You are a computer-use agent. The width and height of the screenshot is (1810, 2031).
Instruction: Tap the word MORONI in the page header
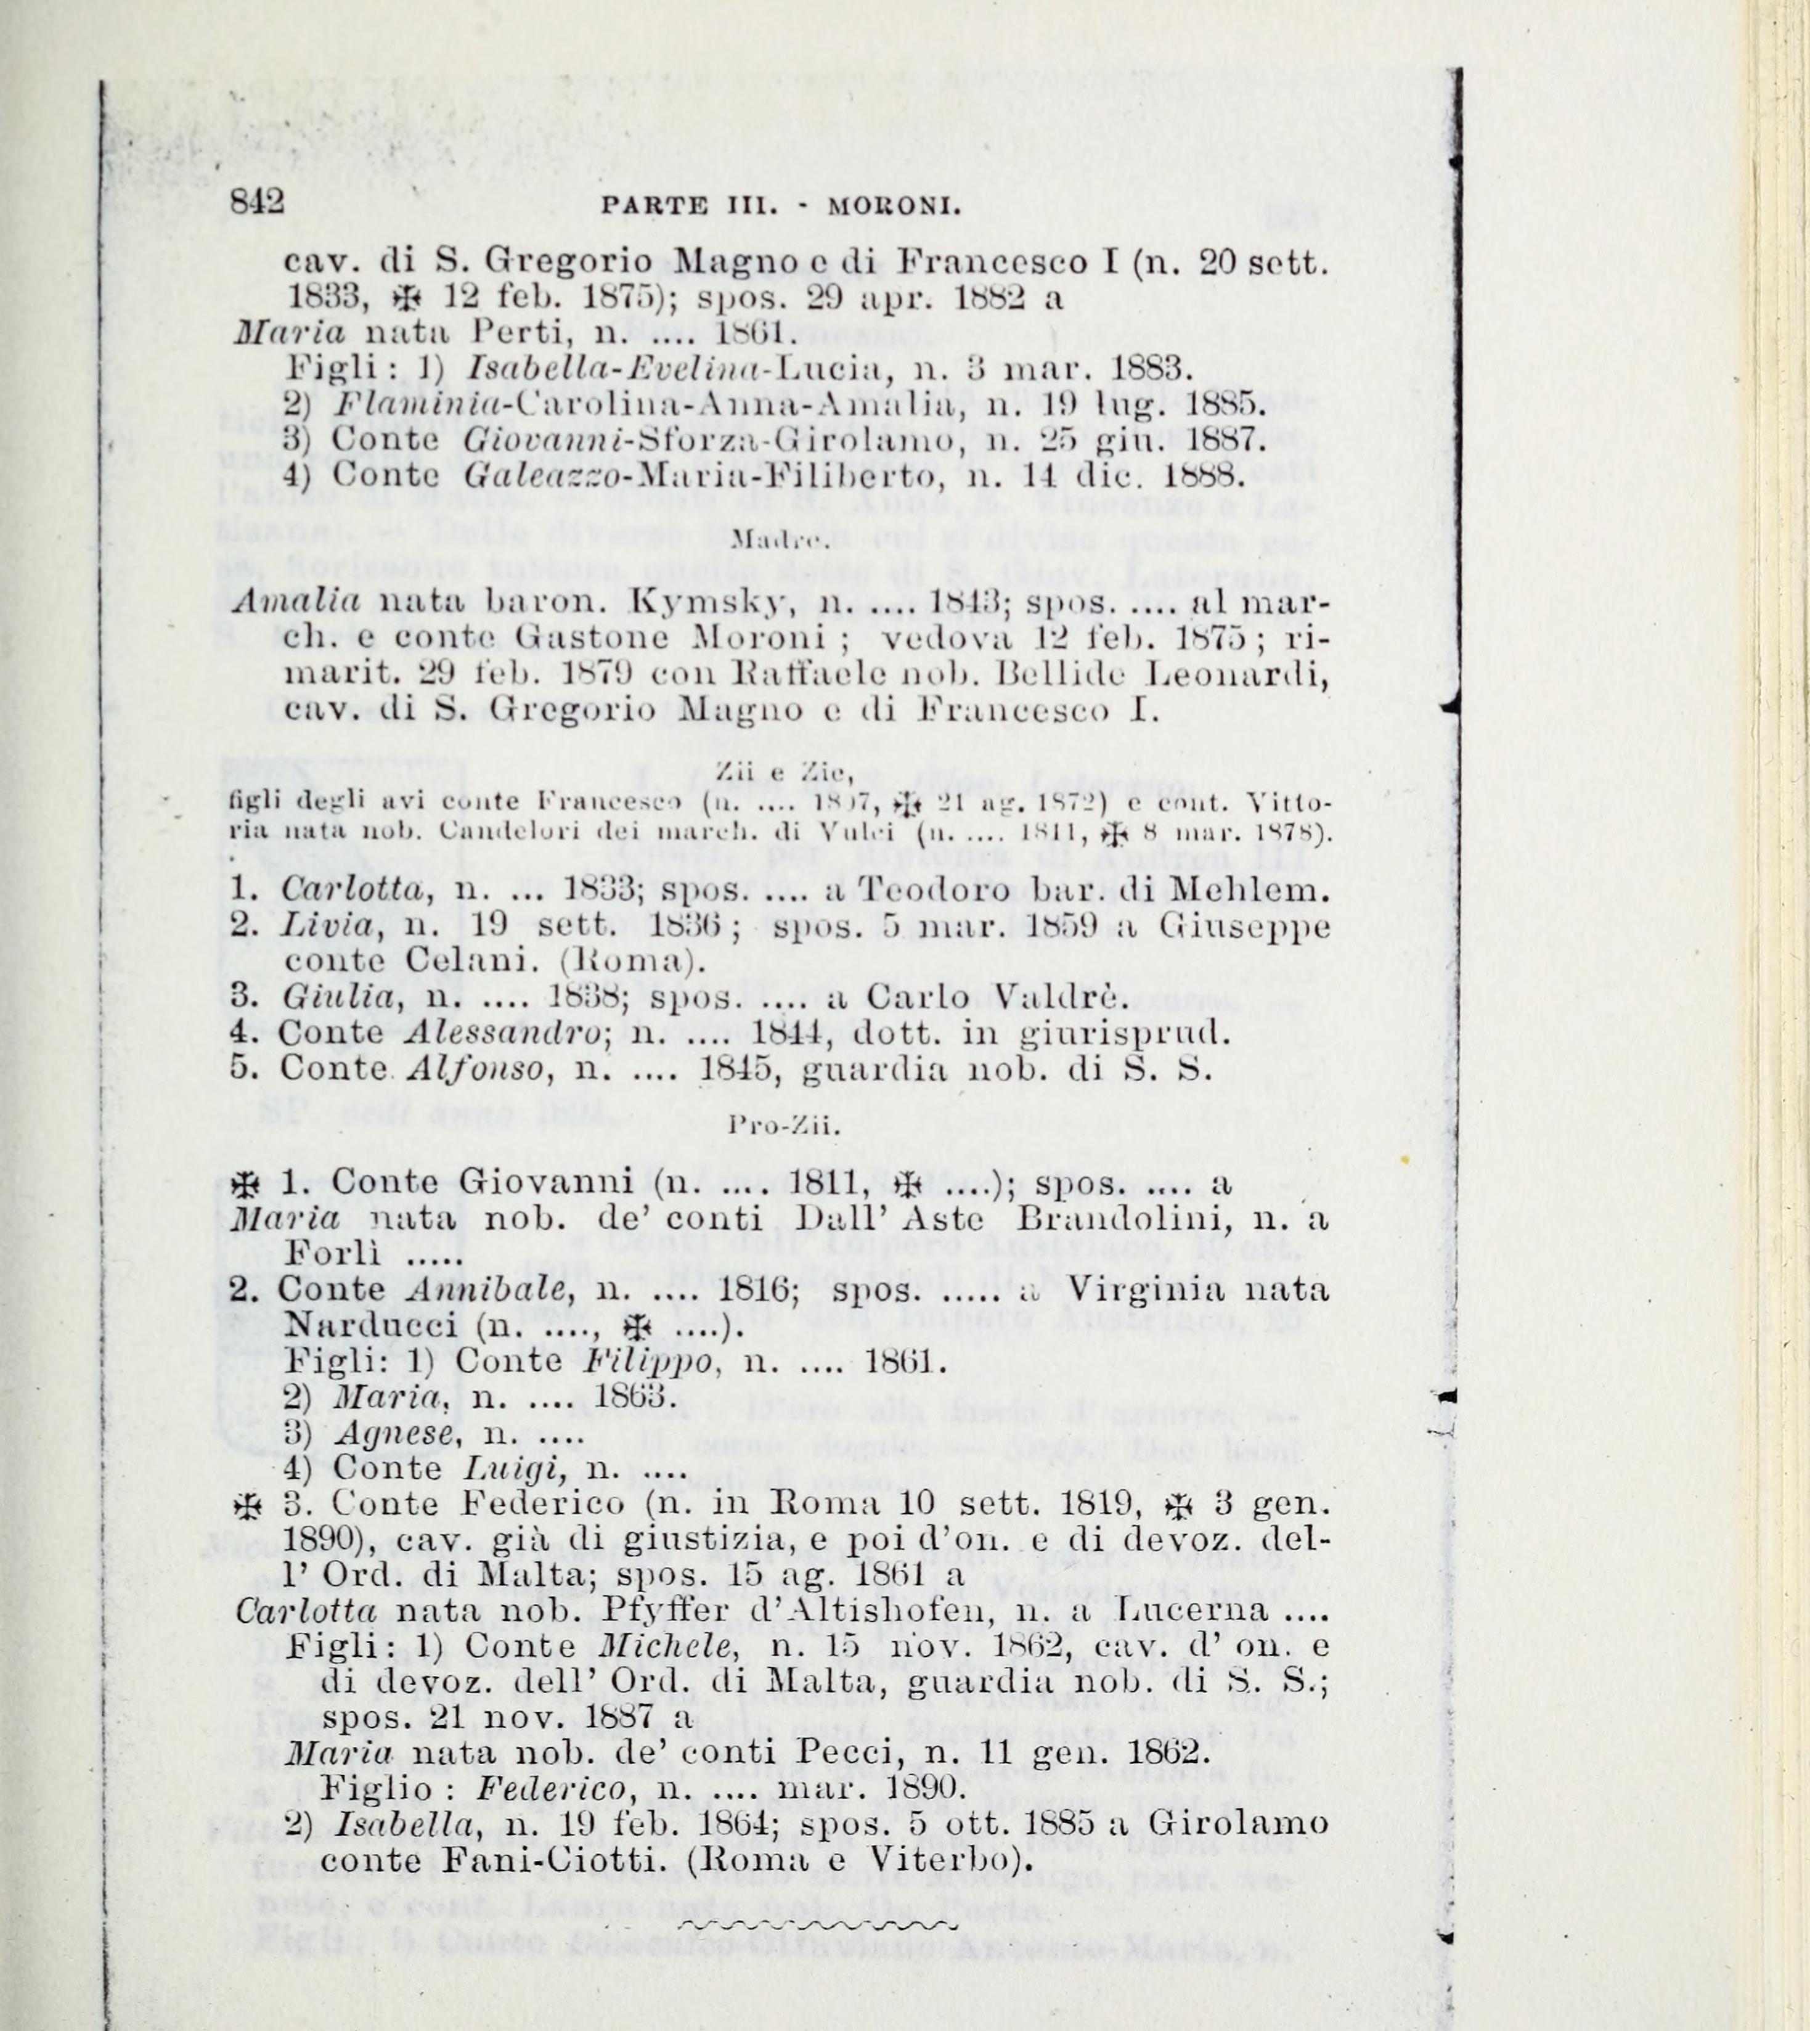[x=894, y=208]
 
